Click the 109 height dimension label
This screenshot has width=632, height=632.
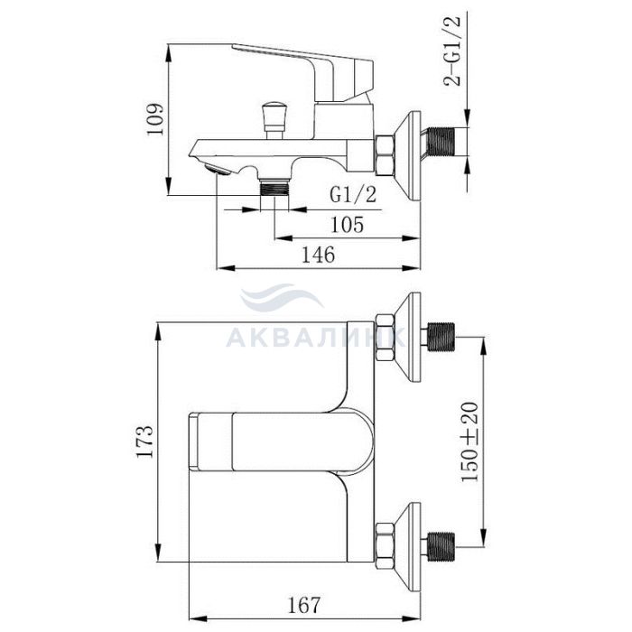[155, 120]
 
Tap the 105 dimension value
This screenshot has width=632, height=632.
[347, 225]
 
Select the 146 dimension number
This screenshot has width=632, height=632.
[319, 255]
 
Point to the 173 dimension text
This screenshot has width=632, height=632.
[144, 441]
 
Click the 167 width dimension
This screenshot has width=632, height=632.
[304, 605]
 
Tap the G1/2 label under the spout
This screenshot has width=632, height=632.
[353, 195]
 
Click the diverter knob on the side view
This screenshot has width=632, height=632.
[274, 121]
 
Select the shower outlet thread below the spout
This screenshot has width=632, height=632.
[274, 187]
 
